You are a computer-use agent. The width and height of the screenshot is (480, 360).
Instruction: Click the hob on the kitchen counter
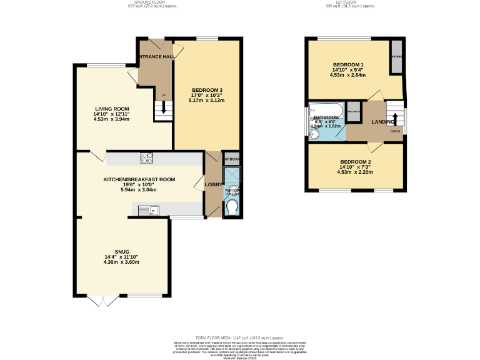click(x=147, y=158)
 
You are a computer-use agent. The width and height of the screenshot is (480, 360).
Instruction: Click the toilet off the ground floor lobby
click(x=231, y=207)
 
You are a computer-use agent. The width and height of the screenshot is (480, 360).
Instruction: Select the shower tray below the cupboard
click(x=231, y=175)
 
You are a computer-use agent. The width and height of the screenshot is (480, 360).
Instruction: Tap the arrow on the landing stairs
click(x=395, y=120)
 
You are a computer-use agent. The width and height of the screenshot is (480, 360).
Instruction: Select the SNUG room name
click(x=121, y=251)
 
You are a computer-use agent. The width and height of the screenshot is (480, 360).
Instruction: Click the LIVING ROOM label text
click(x=112, y=109)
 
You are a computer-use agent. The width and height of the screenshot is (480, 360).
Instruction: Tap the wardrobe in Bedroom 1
click(x=396, y=57)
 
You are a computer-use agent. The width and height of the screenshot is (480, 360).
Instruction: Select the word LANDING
click(x=382, y=122)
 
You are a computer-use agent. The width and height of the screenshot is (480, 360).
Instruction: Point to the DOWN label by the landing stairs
click(x=395, y=131)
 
